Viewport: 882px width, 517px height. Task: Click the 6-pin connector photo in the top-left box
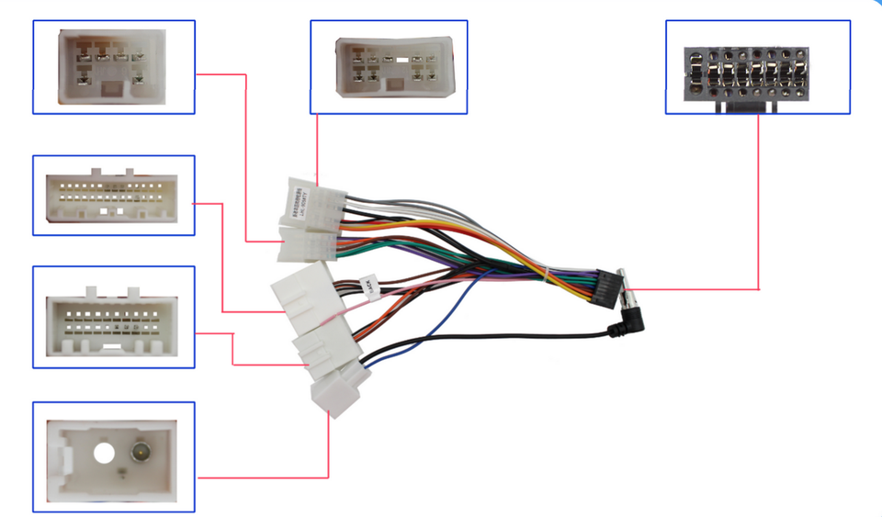pyautogui.click(x=113, y=66)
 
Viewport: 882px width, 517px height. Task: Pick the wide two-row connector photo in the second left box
pyautogui.click(x=114, y=196)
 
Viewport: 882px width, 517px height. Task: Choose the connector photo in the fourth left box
pyautogui.click(x=114, y=318)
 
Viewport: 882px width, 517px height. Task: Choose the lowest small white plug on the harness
pyautogui.click(x=333, y=397)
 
